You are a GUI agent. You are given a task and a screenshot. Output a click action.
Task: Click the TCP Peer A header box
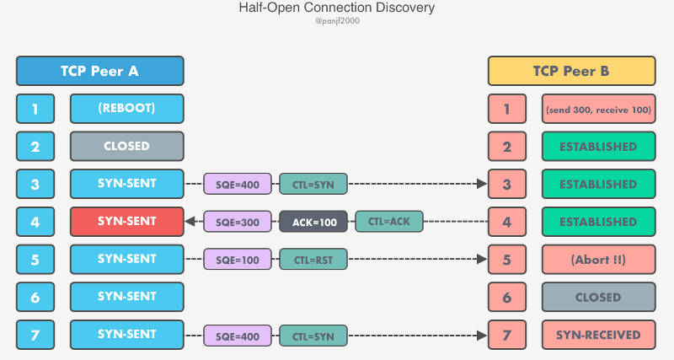(x=99, y=71)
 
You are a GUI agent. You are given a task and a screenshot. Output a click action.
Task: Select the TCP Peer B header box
(x=570, y=71)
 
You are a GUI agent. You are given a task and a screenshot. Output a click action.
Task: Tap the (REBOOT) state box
(x=126, y=109)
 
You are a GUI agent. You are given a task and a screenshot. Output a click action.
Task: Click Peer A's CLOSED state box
(x=126, y=146)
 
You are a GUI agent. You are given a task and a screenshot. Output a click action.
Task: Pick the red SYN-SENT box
(x=126, y=222)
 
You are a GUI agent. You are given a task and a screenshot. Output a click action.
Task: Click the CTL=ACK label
(x=388, y=222)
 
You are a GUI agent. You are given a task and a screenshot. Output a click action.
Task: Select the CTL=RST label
(x=313, y=261)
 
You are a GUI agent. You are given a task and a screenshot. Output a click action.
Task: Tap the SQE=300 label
(x=238, y=223)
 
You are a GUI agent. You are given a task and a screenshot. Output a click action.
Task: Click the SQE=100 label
(x=238, y=261)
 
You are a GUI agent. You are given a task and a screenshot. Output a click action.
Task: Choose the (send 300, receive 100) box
(x=598, y=110)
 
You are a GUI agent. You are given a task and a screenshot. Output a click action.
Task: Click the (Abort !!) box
(x=598, y=260)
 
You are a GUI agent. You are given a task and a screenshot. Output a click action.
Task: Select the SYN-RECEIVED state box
(x=598, y=335)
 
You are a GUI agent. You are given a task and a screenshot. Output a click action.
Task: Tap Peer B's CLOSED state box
(x=598, y=298)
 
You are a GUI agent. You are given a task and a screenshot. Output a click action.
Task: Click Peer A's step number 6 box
(x=35, y=297)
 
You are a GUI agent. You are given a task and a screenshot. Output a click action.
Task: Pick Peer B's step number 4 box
(x=507, y=223)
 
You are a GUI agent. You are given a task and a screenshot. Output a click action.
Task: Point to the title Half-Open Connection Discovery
(x=336, y=8)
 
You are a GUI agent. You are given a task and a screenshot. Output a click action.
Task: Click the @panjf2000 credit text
(x=336, y=21)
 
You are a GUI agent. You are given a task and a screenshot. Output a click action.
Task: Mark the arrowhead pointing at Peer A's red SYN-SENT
(x=190, y=223)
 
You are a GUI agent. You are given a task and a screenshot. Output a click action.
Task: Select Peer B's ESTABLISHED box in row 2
(x=598, y=147)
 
